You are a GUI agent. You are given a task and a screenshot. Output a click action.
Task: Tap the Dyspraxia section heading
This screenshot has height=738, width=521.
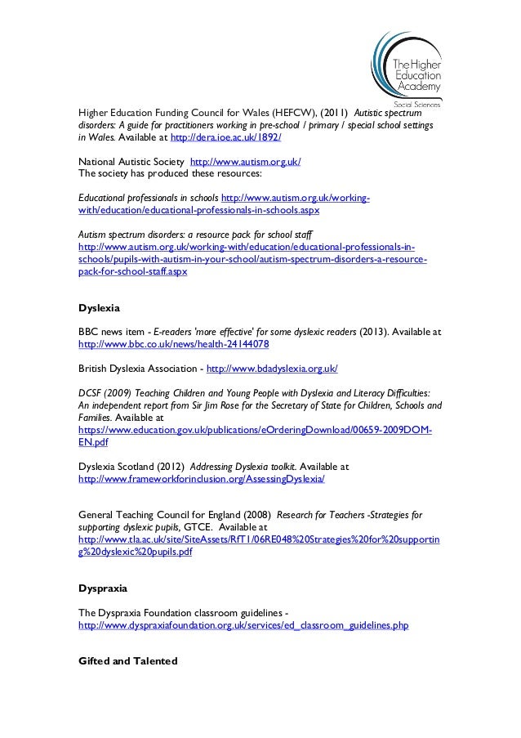(102, 587)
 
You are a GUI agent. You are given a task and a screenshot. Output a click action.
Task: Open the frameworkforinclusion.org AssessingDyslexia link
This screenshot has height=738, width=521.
(200, 480)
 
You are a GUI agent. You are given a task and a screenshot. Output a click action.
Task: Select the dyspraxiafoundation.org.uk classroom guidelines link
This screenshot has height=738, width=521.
(243, 625)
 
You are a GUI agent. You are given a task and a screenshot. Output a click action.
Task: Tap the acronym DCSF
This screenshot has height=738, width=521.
(90, 393)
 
